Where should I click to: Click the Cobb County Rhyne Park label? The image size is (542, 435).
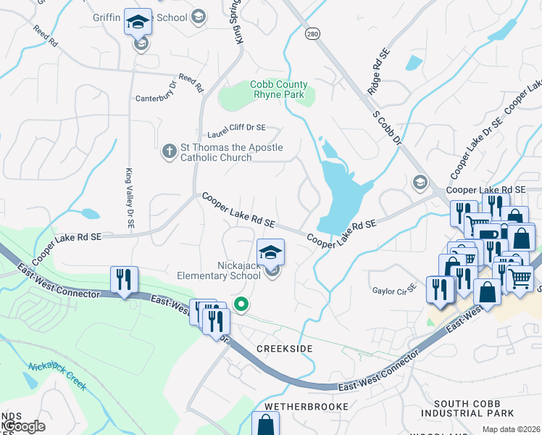click(x=279, y=89)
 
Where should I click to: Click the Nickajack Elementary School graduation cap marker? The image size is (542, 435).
click(x=271, y=253)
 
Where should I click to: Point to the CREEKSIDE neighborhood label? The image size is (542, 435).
click(x=285, y=349)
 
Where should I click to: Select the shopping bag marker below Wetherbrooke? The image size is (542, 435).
click(x=266, y=425)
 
